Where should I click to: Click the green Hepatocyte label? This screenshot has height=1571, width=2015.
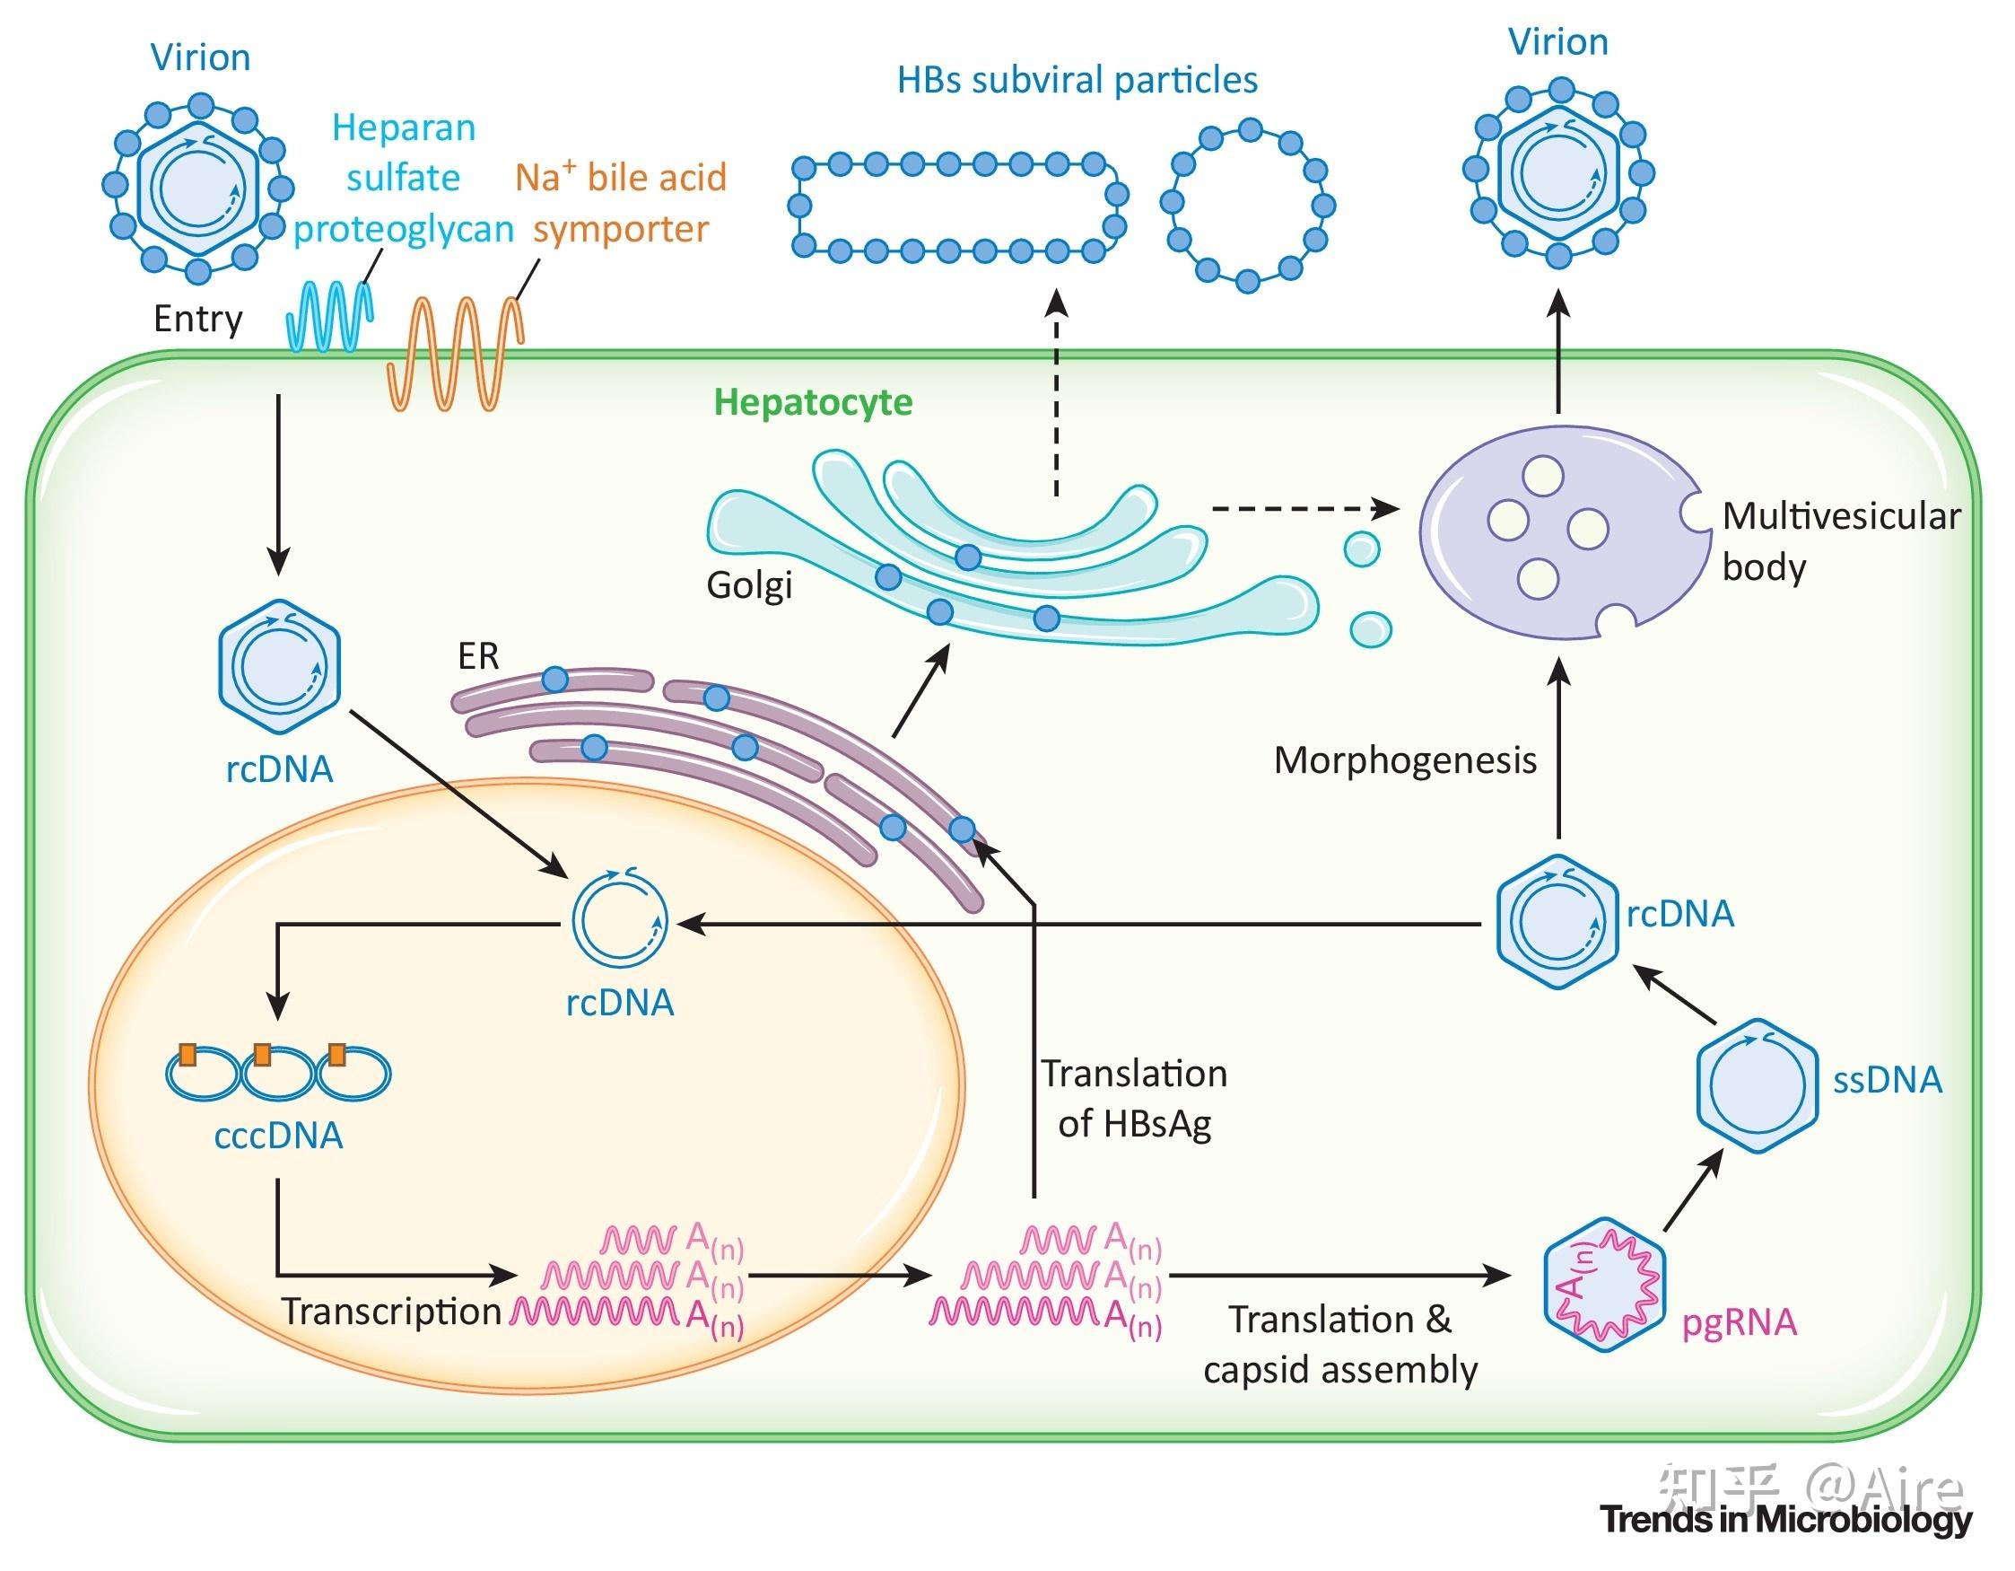click(813, 403)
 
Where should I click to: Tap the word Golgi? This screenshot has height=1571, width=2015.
click(749, 585)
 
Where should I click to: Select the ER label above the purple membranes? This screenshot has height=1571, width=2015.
click(478, 656)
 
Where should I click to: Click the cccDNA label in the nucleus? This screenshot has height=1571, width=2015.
click(279, 1136)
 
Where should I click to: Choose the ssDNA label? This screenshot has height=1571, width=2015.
click(1888, 1080)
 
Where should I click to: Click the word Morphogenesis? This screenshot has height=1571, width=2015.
click(1405, 760)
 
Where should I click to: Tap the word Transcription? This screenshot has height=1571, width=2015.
click(391, 1312)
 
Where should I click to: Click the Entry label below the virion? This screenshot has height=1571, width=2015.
click(197, 320)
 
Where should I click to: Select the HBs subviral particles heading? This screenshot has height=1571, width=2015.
click(1077, 80)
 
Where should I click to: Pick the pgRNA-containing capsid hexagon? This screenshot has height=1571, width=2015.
click(1604, 1284)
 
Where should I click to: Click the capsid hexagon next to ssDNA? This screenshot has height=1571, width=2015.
click(1757, 1085)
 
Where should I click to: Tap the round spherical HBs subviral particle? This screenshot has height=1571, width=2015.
click(1247, 206)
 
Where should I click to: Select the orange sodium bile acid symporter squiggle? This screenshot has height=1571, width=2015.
click(455, 352)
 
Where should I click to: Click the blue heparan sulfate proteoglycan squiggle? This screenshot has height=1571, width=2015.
click(330, 316)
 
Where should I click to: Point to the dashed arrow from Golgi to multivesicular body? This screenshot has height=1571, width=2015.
click(1305, 508)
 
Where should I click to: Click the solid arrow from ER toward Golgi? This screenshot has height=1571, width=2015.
click(921, 690)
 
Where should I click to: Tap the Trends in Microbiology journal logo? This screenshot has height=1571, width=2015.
click(1787, 1519)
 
